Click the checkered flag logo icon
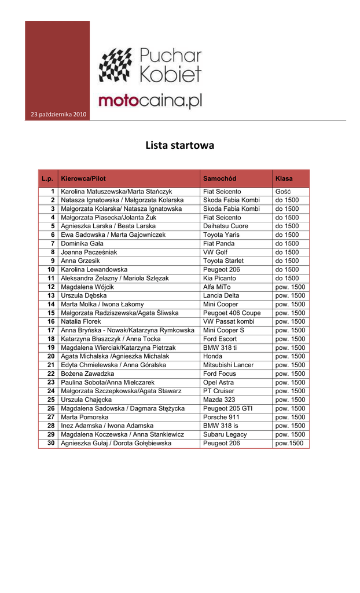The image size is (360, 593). pos(116,65)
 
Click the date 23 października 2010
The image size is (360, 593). pos(57,114)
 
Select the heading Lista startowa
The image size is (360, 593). pos(179,145)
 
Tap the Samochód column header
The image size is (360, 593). pos(219,178)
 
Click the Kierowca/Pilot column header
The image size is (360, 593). pos(83,178)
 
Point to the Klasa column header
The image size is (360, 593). pos(284,178)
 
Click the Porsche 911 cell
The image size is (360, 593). pos(221,417)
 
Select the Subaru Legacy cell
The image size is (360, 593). pos(225,434)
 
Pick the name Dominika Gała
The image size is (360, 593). pos(83,243)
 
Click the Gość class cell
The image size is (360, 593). pos(283,191)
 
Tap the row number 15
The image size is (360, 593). pos(51,313)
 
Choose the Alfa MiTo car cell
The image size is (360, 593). pos(216,287)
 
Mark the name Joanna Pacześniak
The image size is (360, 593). pos(89,252)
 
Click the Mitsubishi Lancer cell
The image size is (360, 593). pos(228,365)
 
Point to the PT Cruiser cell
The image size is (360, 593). pos(220,391)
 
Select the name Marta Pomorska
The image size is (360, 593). pos(85,417)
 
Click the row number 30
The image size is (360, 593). pos(51,443)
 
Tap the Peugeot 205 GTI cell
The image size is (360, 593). pos(227,408)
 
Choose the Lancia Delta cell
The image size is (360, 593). pos(221,295)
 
